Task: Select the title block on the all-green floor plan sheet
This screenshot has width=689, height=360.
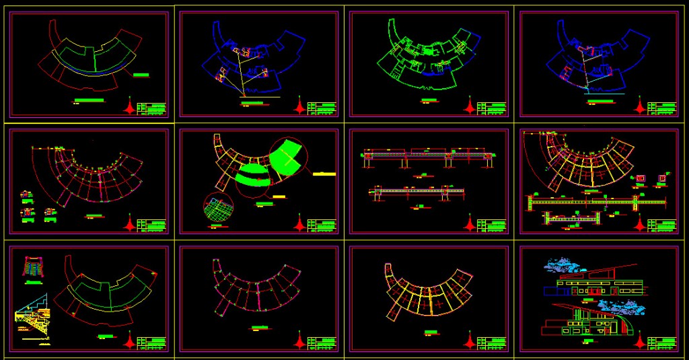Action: point(491,108)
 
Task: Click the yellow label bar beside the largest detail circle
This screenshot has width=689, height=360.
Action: point(324,174)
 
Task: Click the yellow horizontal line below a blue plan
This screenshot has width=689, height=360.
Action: point(259,97)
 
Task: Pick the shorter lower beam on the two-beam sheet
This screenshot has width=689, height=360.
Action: point(417,192)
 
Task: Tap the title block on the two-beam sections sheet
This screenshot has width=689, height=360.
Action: point(491,225)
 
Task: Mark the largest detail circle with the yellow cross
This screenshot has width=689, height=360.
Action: point(287,157)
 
